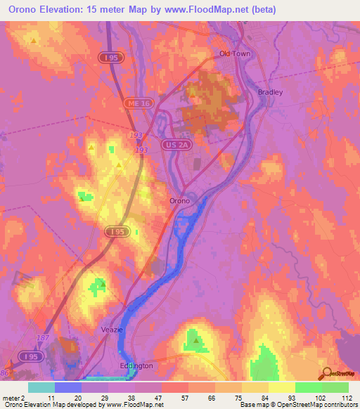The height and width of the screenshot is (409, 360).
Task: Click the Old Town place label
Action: [x=234, y=53]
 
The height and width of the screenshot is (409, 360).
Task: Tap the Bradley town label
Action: [x=271, y=92]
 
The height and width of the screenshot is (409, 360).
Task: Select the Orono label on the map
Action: [x=180, y=200]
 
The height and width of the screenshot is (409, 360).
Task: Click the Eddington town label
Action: [x=135, y=365]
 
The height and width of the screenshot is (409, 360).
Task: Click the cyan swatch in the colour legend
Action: [x=41, y=387]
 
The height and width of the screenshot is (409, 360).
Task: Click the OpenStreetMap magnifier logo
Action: [x=325, y=372]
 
